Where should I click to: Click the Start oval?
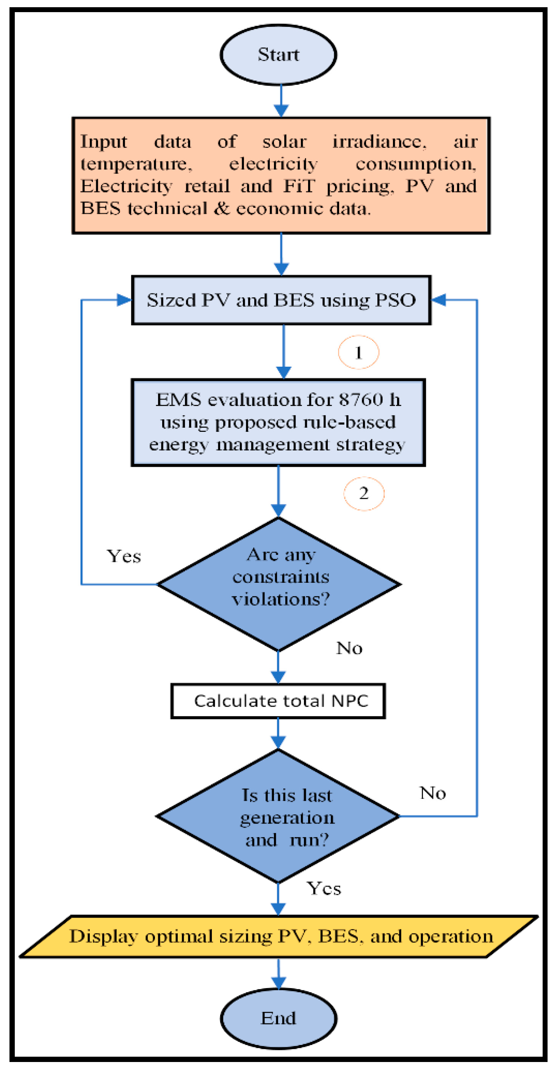click(278, 55)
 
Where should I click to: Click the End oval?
click(278, 1018)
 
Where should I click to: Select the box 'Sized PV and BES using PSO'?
click(281, 300)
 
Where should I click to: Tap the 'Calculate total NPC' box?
click(278, 701)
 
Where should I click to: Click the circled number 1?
click(358, 352)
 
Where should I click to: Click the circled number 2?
click(364, 494)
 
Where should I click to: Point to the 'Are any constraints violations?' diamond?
click(279, 584)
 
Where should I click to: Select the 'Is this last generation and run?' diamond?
click(278, 816)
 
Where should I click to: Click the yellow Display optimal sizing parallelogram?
click(279, 937)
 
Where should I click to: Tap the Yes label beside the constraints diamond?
click(124, 557)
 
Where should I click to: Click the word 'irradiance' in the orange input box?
click(379, 142)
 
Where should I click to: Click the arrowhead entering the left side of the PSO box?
click(124, 300)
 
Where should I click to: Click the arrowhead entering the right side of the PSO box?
click(438, 300)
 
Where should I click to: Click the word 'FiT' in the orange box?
click(299, 186)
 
